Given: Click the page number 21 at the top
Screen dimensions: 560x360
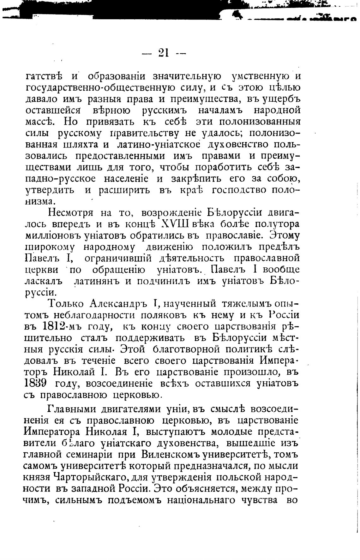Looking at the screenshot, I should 164,52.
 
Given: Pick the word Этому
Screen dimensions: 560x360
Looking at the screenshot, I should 283,235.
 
